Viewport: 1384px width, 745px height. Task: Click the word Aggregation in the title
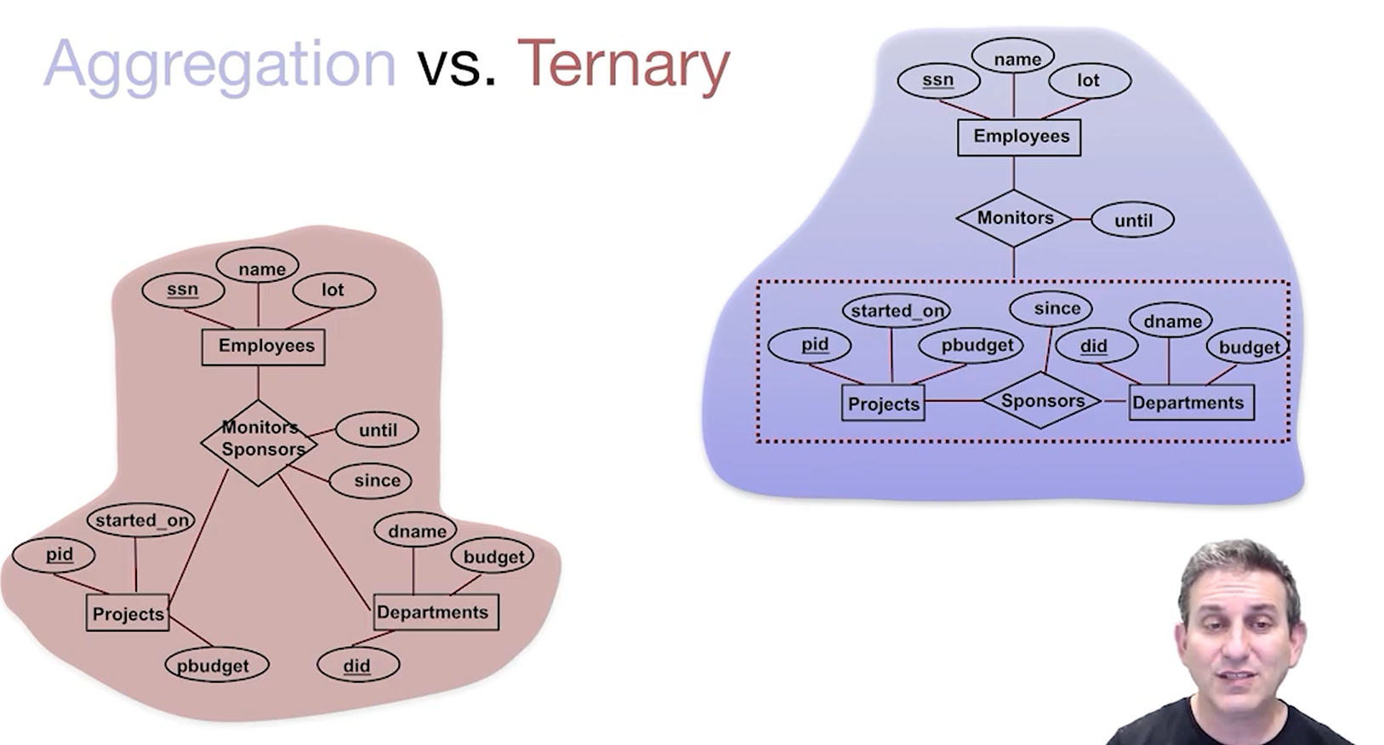pyautogui.click(x=219, y=65)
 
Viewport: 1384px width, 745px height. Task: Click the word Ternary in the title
pyautogui.click(x=624, y=65)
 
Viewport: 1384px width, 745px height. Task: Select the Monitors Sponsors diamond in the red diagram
pyautogui.click(x=259, y=442)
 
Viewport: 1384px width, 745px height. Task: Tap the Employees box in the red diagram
pyautogui.click(x=263, y=347)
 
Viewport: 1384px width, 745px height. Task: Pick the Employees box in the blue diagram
pyautogui.click(x=1019, y=137)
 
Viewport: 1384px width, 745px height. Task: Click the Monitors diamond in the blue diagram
pyautogui.click(x=1014, y=218)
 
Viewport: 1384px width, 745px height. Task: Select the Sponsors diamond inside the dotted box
pyautogui.click(x=1041, y=401)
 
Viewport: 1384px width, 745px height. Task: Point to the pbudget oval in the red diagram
pyautogui.click(x=216, y=665)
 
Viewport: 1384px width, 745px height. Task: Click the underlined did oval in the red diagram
pyautogui.click(x=357, y=665)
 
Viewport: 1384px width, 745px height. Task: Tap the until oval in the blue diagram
pyautogui.click(x=1132, y=221)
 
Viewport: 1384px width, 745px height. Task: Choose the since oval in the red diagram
pyautogui.click(x=371, y=481)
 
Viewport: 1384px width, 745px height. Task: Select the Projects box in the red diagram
pyautogui.click(x=128, y=613)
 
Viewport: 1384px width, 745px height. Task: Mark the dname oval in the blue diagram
pyautogui.click(x=1171, y=322)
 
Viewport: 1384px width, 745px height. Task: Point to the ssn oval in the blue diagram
pyautogui.click(x=938, y=81)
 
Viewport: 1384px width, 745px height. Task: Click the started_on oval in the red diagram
pyautogui.click(x=141, y=520)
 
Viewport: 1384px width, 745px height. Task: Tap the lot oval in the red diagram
pyautogui.click(x=333, y=290)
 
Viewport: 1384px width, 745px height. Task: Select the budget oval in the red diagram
pyautogui.click(x=493, y=557)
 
